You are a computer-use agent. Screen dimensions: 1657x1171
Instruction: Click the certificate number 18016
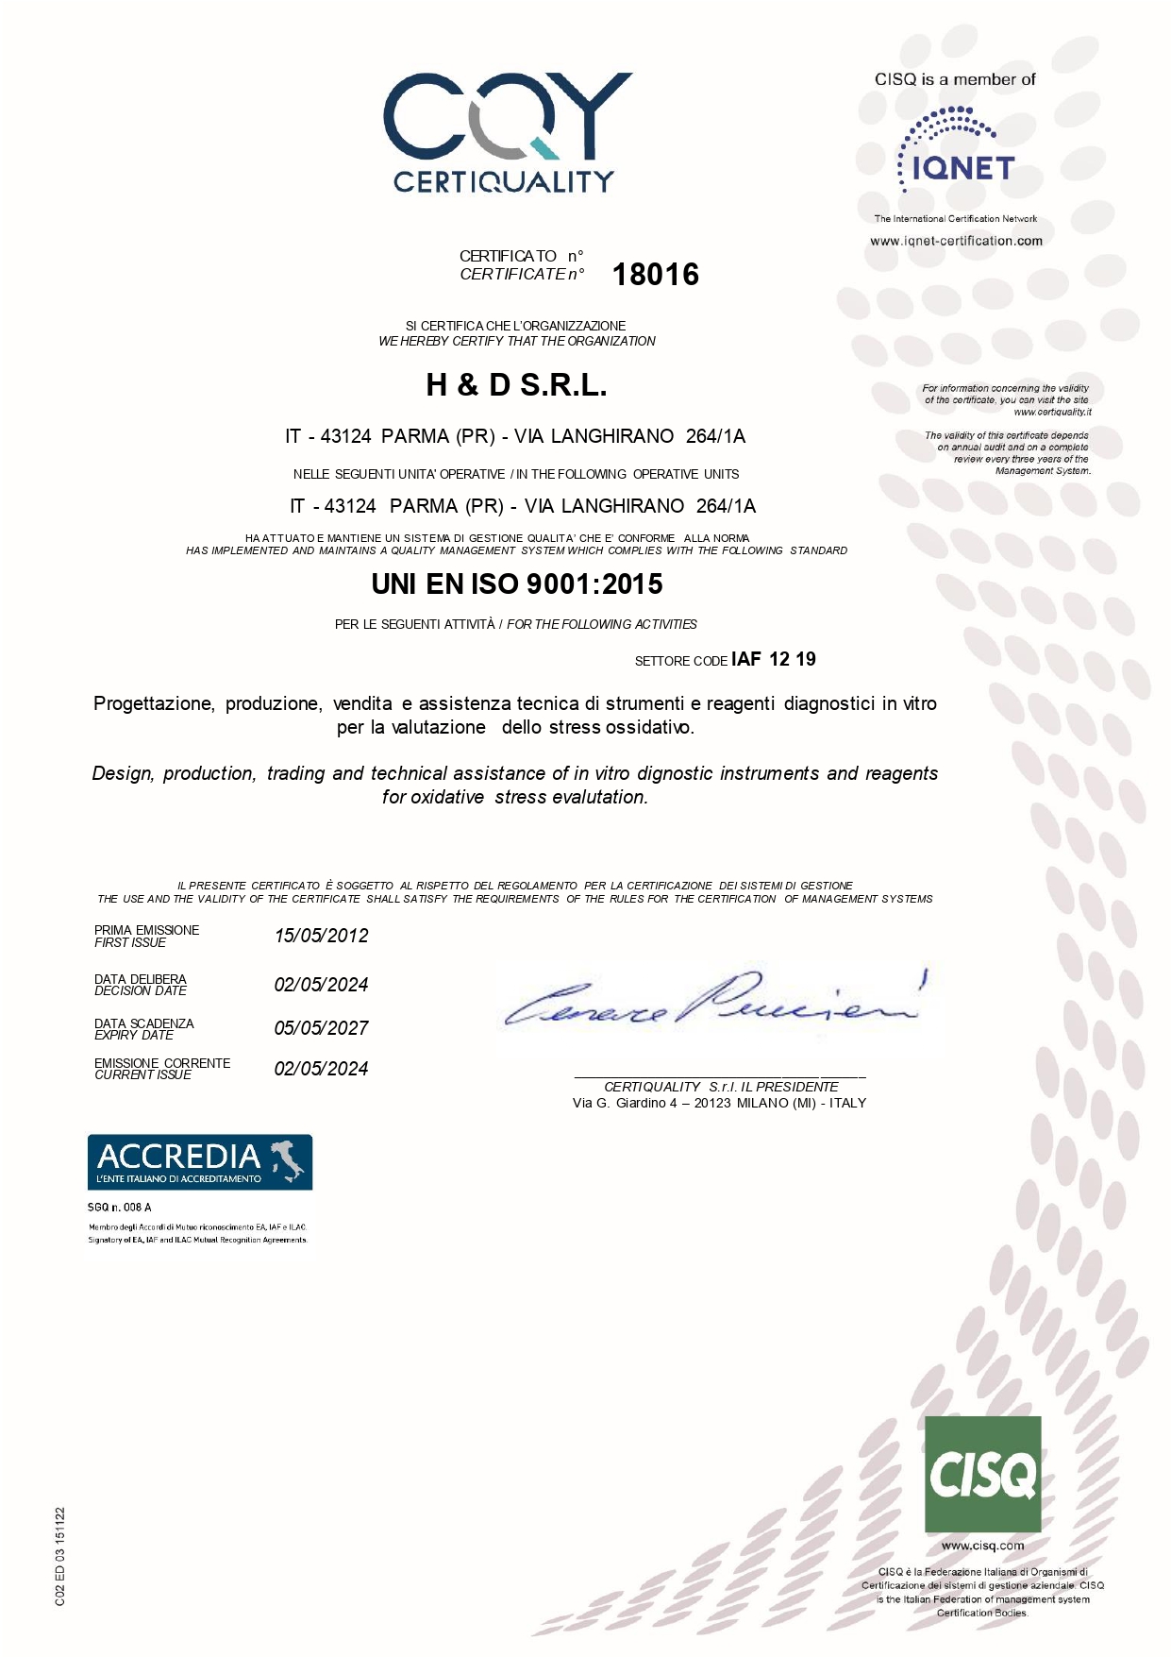(x=656, y=275)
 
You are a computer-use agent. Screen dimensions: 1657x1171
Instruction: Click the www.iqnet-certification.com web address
(x=956, y=241)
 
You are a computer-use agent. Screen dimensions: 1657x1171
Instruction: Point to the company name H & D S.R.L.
(x=516, y=385)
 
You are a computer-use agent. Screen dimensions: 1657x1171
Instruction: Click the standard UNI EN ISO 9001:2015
(x=517, y=584)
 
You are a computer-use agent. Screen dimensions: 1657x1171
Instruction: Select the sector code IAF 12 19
(x=773, y=659)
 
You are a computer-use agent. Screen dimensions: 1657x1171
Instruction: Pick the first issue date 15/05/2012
(x=321, y=936)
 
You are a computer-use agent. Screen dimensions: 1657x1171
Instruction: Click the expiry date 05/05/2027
(x=321, y=1028)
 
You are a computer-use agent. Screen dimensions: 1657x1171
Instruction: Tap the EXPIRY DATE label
(x=134, y=1036)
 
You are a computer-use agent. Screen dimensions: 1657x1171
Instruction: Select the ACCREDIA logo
(x=200, y=1162)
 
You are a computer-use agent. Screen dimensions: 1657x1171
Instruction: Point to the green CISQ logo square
(x=982, y=1474)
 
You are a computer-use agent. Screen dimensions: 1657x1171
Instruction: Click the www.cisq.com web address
(x=982, y=1546)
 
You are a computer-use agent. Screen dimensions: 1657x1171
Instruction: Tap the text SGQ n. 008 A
(x=120, y=1208)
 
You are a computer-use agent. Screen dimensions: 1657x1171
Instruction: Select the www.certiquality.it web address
(x=1052, y=413)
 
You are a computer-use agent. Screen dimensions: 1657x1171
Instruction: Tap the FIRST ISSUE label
(x=130, y=943)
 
